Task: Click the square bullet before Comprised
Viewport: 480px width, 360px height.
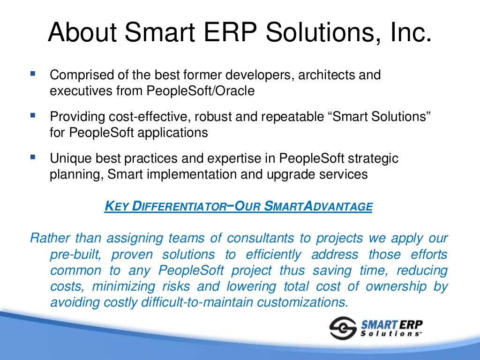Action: (32, 73)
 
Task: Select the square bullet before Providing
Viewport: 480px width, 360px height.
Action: (32, 114)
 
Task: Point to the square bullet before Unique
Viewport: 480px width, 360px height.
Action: (32, 157)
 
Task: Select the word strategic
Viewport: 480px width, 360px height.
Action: (370, 158)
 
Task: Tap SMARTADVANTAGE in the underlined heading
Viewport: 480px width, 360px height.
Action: (319, 206)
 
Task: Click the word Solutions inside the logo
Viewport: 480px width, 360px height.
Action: (390, 333)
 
